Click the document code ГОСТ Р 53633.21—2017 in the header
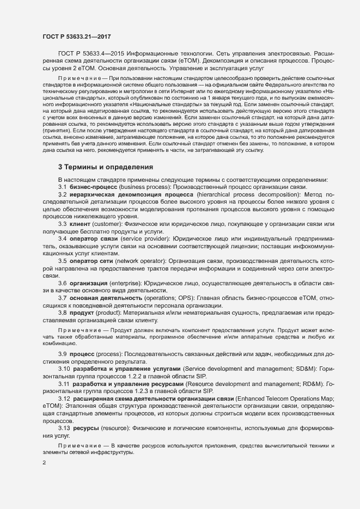coord(77,36)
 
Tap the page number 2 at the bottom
coord(44,463)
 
